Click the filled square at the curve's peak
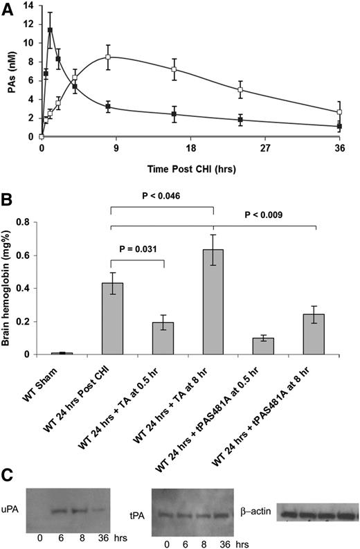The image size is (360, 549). pos(50,30)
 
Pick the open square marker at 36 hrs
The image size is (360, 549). pos(339,112)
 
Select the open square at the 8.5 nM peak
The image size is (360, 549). pos(108,57)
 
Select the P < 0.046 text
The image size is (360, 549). pos(162,197)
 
